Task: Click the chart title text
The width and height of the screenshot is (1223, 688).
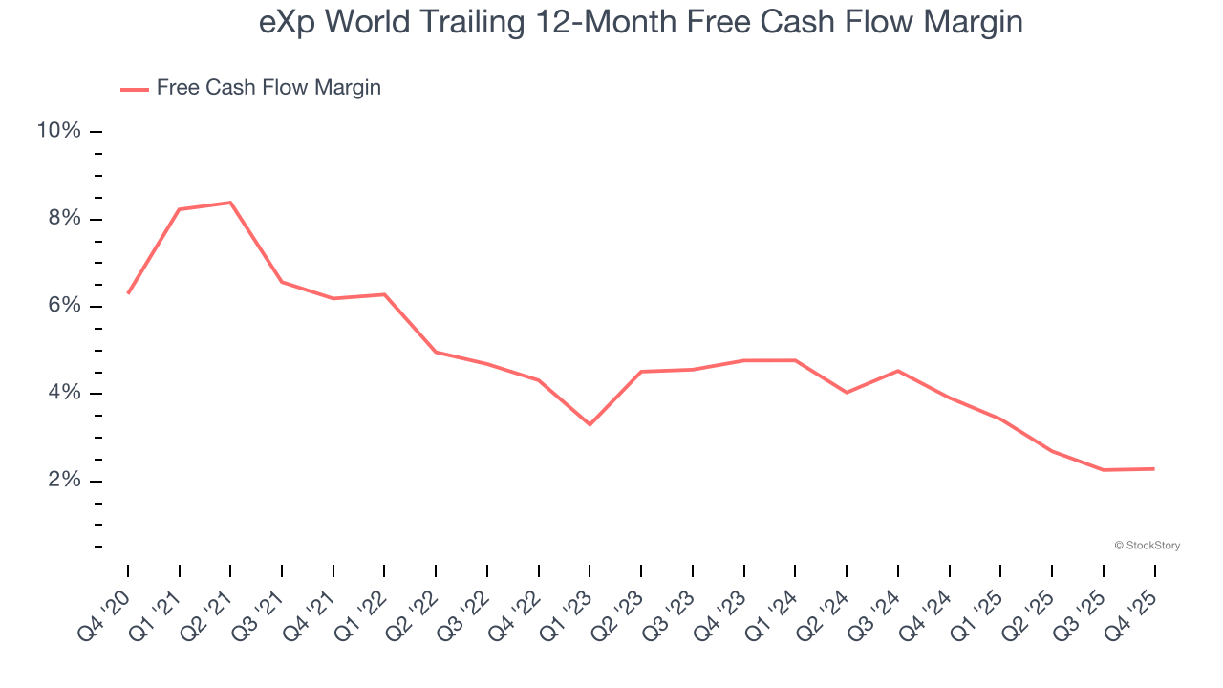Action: coord(640,23)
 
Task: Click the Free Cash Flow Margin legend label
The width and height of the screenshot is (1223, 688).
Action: coord(268,88)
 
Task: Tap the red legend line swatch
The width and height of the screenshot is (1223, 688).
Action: coord(134,89)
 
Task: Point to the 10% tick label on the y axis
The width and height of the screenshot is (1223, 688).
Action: coord(58,130)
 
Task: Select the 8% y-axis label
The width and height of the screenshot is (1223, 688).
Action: coord(64,218)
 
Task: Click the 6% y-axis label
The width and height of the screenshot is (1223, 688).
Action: coord(64,306)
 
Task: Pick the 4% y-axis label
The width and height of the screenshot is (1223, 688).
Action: coord(64,393)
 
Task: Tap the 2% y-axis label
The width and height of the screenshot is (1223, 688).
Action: coord(64,481)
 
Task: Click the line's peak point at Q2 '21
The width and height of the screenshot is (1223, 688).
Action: coord(230,203)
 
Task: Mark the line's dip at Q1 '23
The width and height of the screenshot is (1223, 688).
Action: coord(590,424)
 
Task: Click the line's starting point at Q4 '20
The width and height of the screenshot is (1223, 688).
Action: coord(128,292)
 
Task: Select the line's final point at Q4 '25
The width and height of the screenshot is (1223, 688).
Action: coord(1154,469)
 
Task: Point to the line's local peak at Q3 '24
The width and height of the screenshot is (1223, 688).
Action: coord(898,371)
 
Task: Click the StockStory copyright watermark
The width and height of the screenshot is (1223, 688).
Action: coord(1147,546)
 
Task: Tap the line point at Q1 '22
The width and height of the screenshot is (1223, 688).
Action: coord(384,294)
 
